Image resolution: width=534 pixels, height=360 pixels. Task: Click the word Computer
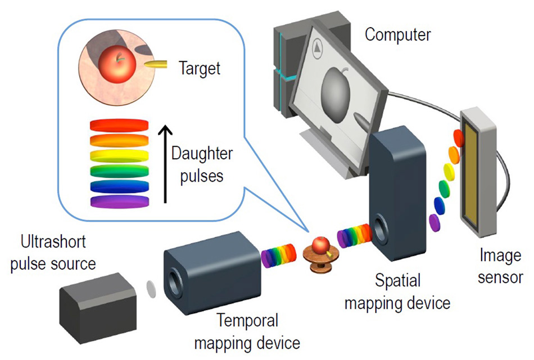coord(398,34)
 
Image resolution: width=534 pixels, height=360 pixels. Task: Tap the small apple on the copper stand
coord(320,245)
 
